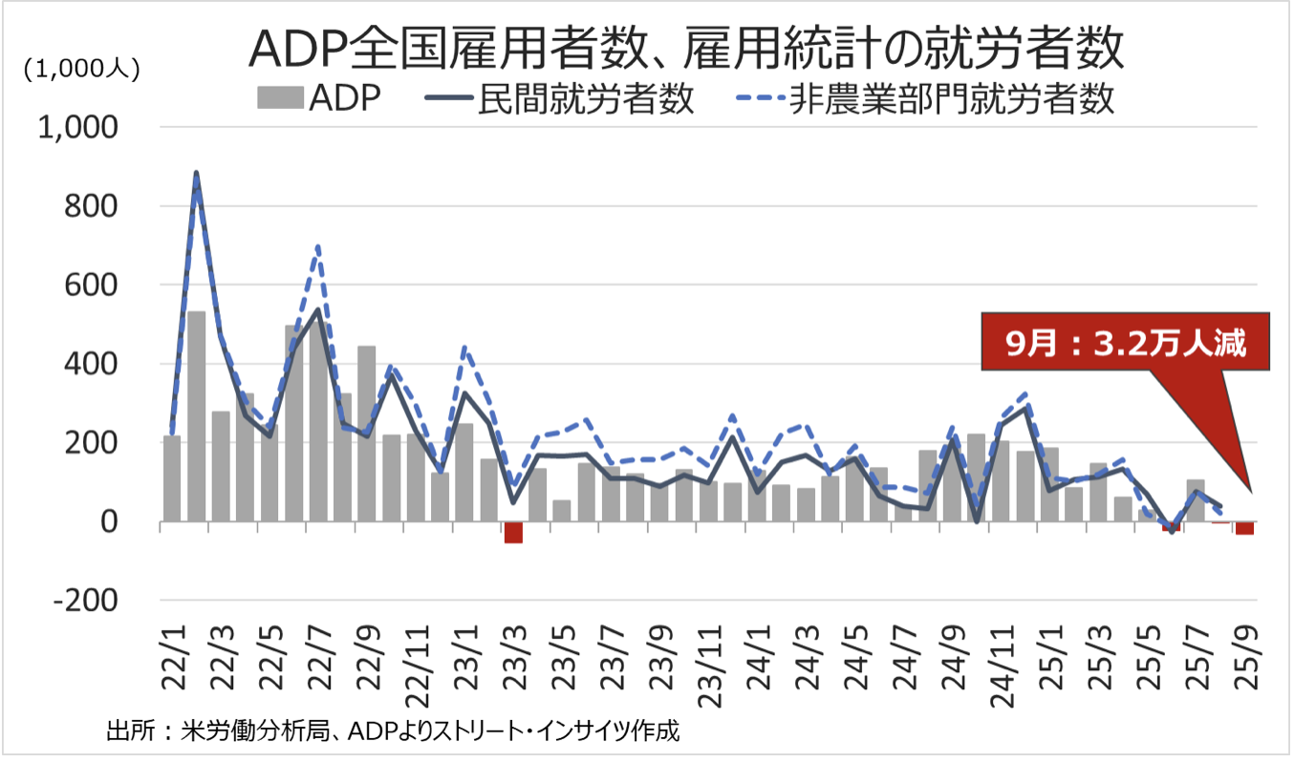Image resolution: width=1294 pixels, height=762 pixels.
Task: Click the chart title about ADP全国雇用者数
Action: click(685, 51)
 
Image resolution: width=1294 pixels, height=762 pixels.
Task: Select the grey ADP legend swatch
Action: click(278, 98)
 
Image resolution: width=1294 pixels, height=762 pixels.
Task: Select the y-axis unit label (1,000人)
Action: click(82, 68)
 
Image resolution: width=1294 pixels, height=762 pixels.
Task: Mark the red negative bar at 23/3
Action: click(513, 532)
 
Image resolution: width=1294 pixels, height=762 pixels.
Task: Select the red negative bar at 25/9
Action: click(1244, 528)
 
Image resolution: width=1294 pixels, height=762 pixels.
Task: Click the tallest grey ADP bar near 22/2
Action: click(196, 416)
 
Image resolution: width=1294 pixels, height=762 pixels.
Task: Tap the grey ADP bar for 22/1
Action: click(172, 478)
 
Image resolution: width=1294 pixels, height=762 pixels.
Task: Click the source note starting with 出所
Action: click(392, 733)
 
